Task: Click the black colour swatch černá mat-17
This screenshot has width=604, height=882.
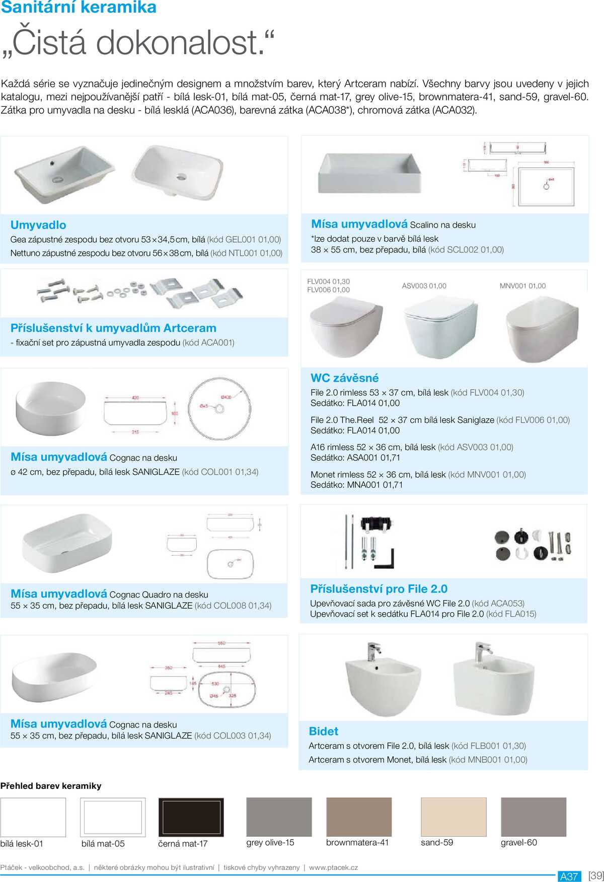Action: point(191,817)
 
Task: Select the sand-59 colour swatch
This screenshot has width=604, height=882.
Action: point(454,817)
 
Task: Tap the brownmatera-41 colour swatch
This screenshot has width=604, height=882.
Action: point(358,817)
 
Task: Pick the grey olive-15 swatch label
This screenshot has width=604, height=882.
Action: point(270,842)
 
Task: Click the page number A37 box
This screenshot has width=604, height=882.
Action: point(569,876)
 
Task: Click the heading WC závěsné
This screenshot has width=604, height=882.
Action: point(344,378)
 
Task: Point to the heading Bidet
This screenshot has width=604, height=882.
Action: point(323,731)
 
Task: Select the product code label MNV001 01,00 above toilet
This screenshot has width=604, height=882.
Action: point(522,286)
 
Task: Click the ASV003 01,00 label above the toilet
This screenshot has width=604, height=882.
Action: point(424,286)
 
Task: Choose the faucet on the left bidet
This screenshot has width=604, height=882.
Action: point(373,651)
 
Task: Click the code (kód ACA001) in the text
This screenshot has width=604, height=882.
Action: point(208,343)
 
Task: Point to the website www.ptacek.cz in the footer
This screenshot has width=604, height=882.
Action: point(333,867)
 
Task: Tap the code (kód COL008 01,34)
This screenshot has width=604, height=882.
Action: point(233,606)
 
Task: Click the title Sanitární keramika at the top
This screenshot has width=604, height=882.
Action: point(79,8)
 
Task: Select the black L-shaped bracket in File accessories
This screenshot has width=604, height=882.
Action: point(388,559)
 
